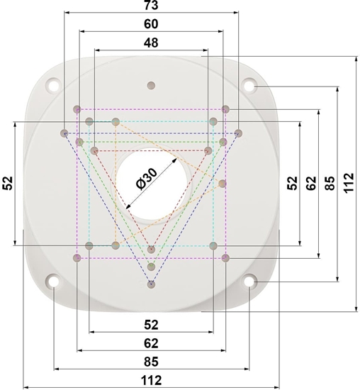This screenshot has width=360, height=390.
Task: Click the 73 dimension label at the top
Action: tap(151, 5)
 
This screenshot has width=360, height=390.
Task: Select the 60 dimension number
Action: tap(151, 24)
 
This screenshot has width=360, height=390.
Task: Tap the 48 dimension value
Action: tap(151, 43)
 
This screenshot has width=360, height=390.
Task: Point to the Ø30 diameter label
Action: tap(147, 179)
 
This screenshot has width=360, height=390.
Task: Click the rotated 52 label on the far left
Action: tap(8, 183)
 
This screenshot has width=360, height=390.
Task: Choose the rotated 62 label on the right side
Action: tap(311, 183)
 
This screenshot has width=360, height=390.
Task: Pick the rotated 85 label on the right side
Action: tap(330, 183)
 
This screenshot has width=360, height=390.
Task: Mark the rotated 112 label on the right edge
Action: tap(349, 182)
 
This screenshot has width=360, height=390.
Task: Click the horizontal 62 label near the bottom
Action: tap(151, 343)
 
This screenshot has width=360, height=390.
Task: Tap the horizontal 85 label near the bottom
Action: tap(151, 362)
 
